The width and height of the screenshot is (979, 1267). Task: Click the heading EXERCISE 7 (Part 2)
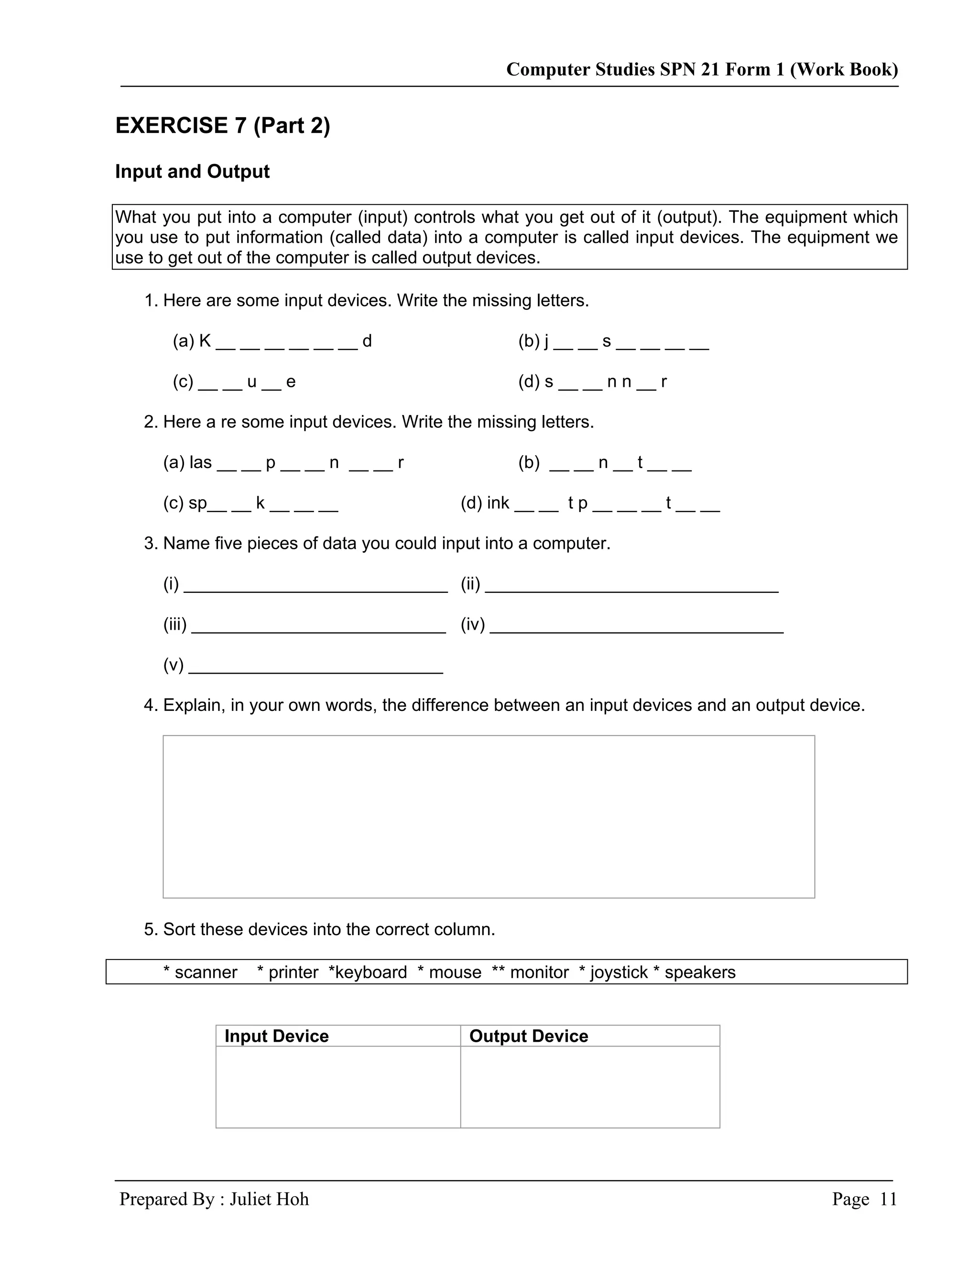223,126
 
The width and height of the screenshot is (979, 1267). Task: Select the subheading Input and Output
192,172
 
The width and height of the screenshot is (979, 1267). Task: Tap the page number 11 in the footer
888,1199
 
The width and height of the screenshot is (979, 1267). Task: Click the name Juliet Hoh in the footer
269,1199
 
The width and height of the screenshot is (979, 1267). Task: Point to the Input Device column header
276,1036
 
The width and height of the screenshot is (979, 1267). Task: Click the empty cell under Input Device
338,1087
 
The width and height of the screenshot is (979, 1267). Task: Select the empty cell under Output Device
590,1087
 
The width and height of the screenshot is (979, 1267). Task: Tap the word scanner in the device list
206,972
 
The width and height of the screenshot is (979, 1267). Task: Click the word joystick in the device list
619,972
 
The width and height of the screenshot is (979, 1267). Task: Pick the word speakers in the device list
699,972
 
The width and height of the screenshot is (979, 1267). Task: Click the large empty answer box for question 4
489,816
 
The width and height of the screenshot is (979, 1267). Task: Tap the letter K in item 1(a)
205,341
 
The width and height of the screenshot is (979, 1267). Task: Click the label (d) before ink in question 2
471,503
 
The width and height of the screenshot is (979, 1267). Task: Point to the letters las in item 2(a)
201,462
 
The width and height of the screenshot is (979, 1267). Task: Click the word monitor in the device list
539,972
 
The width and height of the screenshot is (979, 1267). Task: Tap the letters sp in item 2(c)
197,503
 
